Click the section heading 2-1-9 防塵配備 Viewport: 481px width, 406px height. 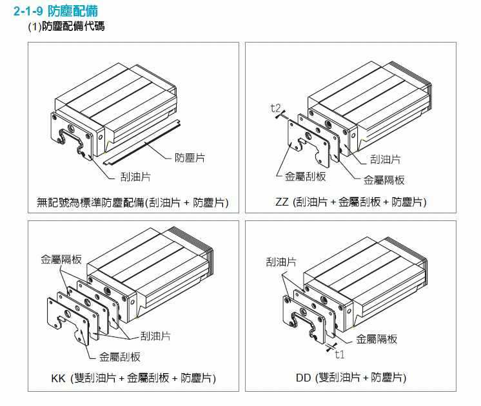[54, 12]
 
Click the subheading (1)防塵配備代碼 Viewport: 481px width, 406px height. [66, 26]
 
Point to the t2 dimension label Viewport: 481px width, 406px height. [276, 108]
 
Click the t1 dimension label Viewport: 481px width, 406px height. [340, 354]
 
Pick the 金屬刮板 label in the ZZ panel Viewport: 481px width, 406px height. [304, 176]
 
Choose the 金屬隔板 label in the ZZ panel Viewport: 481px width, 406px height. [384, 180]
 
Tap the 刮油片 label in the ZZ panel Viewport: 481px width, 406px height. [386, 159]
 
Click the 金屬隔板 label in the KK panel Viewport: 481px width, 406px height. [61, 260]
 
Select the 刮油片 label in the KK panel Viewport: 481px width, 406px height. [155, 336]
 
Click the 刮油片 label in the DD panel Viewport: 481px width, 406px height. [281, 262]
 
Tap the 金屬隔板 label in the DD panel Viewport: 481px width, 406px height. [377, 338]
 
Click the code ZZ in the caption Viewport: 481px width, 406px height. [282, 202]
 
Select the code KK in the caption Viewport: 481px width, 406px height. [58, 378]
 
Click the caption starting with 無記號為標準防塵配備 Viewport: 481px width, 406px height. [133, 202]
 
